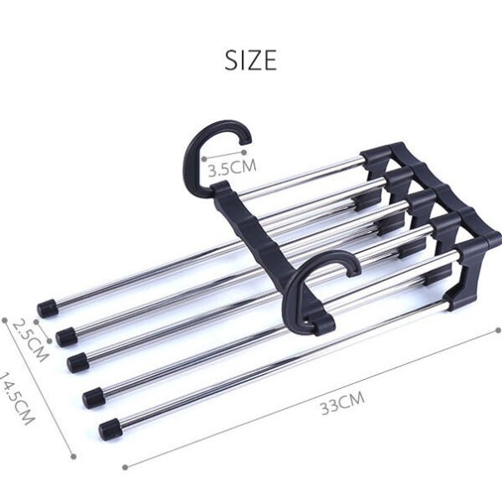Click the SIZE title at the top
coord(250,60)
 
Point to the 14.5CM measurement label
coord(18,397)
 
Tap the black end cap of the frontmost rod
coord(109,430)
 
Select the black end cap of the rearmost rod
coord(48,306)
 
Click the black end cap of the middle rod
coord(78,361)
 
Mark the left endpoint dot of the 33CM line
coord(125,466)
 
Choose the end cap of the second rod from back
coord(64,336)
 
